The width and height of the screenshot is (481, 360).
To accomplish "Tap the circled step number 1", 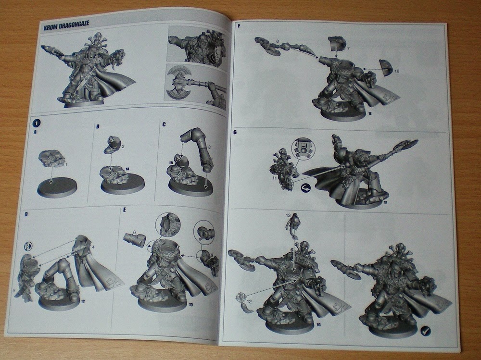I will pos(35,121).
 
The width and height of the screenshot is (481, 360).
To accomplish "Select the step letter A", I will pos(36,130).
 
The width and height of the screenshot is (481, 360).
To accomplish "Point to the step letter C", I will pos(164,124).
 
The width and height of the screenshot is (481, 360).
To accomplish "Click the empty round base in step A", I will pos(57,187).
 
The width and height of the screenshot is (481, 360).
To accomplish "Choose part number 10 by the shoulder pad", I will pos(397,71).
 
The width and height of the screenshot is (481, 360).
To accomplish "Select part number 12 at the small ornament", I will pos(249,301).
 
